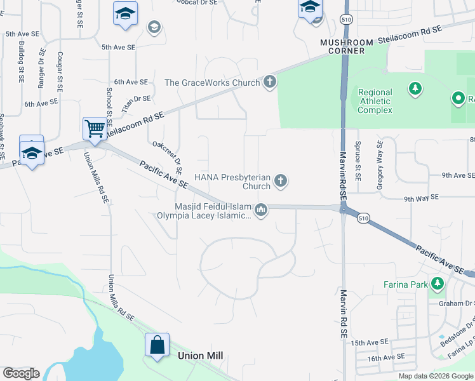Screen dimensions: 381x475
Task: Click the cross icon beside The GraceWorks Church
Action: click(x=270, y=82)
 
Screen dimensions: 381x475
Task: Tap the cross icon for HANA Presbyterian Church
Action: click(x=281, y=182)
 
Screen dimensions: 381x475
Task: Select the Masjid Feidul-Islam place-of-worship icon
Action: click(x=261, y=210)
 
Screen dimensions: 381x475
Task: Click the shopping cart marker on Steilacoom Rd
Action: click(x=95, y=128)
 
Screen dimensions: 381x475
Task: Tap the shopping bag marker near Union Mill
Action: click(x=157, y=345)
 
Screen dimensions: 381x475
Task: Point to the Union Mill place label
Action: click(x=201, y=356)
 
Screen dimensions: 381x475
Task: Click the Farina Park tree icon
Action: click(x=437, y=283)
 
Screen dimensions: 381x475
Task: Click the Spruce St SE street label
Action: click(x=358, y=157)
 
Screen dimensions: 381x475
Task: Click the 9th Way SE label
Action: click(x=422, y=198)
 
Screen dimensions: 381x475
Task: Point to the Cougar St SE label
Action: click(x=59, y=72)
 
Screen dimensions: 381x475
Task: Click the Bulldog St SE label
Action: click(x=21, y=63)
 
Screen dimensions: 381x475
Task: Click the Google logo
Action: click(x=21, y=373)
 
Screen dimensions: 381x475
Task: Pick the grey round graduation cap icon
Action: click(x=153, y=27)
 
